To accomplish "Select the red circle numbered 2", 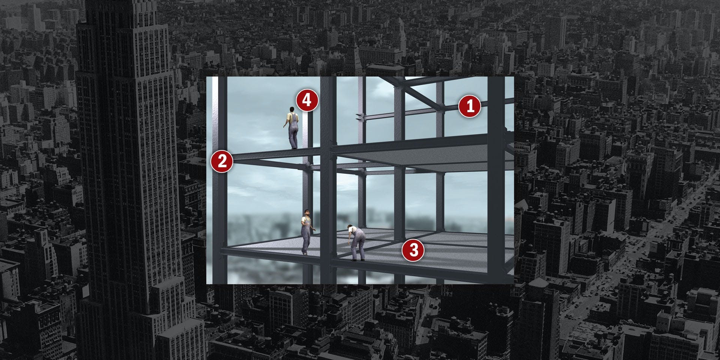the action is click(222, 161).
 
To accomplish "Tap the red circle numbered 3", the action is click(413, 250).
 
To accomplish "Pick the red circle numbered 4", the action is click(307, 100).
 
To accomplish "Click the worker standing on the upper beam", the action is click(292, 127).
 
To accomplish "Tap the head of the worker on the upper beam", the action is click(291, 109).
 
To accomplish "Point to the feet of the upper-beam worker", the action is click(293, 147).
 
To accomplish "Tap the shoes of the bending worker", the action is click(357, 259).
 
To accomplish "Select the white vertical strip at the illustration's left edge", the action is click(215, 180).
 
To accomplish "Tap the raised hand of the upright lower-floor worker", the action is click(315, 229).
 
